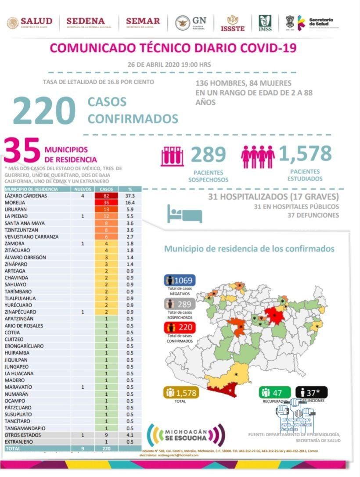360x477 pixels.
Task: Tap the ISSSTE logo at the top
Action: tap(232, 23)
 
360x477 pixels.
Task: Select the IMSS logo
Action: tap(265, 23)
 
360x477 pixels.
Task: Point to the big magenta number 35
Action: tap(22, 151)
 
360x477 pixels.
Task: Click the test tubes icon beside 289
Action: tap(172, 156)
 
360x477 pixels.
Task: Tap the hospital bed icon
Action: tap(184, 214)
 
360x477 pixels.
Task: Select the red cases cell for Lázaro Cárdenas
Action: tap(106, 196)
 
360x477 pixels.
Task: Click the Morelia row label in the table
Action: tap(15, 203)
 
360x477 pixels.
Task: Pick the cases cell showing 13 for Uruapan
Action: tap(106, 209)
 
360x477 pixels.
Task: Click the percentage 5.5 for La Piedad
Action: tap(130, 216)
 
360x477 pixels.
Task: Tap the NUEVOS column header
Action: tap(83, 189)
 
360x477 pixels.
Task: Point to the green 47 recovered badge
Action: tap(275, 392)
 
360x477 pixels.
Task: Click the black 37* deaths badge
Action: tap(311, 392)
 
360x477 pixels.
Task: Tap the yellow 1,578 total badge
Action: tap(181, 393)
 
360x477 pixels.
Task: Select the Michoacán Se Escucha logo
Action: tap(184, 434)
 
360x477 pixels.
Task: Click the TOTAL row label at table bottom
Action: tap(13, 448)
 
